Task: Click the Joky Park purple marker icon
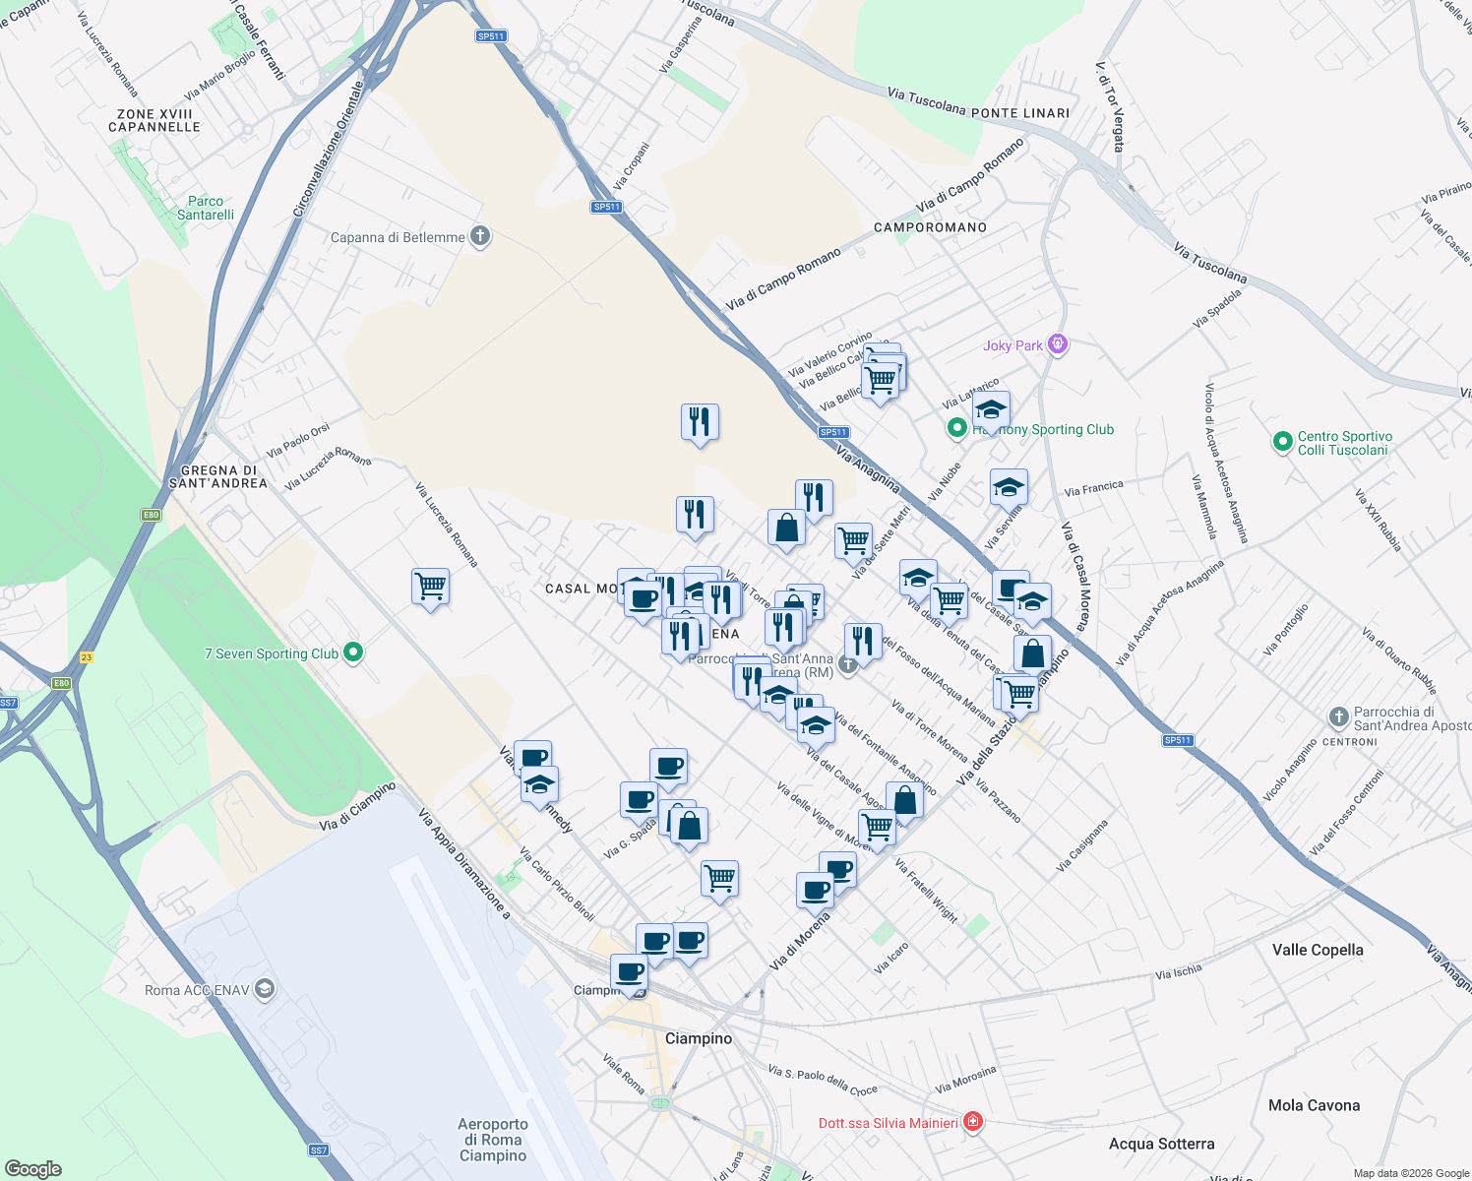coord(1058,344)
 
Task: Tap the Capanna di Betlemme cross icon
coord(480,236)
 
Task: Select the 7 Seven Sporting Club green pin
coord(354,653)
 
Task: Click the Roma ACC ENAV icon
coord(265,989)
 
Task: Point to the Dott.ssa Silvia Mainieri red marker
coord(973,1122)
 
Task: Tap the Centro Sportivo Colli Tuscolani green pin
coord(1282,443)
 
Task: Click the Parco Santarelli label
coord(206,208)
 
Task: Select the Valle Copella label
coord(1318,950)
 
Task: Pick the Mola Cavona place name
coord(1314,1105)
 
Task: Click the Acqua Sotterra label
coord(1161,1144)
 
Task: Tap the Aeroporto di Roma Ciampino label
coord(493,1140)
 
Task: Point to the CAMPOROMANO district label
coord(930,227)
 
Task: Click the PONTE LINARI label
coord(1020,113)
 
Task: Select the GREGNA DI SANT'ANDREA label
coord(217,476)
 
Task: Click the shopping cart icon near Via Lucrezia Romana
coord(431,587)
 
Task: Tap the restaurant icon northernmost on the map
coord(700,421)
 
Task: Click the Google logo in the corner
coord(33,1168)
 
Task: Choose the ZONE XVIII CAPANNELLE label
coord(154,120)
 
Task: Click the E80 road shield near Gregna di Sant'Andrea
coord(150,515)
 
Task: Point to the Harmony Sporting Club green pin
coord(956,428)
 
